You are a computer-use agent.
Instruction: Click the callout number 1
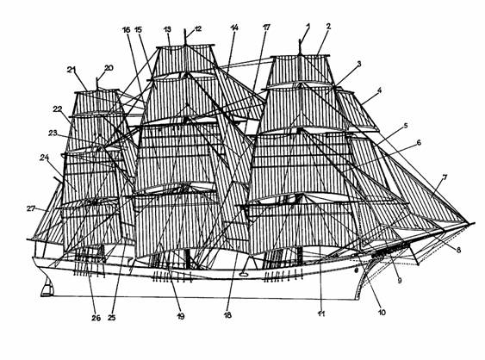308,27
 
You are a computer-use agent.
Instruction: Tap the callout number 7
445,177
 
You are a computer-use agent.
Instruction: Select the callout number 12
198,28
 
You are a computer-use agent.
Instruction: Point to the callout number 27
31,208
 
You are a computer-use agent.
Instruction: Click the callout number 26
96,318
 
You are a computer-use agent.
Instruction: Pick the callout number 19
181,316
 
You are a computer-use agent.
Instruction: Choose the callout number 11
321,313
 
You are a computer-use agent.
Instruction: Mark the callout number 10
382,313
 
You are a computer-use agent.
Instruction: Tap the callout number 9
400,281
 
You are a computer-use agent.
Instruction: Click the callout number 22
58,109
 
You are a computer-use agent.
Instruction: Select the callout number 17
266,28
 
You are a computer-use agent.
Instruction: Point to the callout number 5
406,126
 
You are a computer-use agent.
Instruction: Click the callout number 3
359,64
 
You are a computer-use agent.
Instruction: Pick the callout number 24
44,158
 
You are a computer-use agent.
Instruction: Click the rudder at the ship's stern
47,288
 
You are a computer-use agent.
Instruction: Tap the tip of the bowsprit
474,223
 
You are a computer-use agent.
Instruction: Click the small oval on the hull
244,273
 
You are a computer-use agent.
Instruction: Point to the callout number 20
109,68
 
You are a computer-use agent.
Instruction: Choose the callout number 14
234,28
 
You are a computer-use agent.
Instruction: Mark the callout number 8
458,250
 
